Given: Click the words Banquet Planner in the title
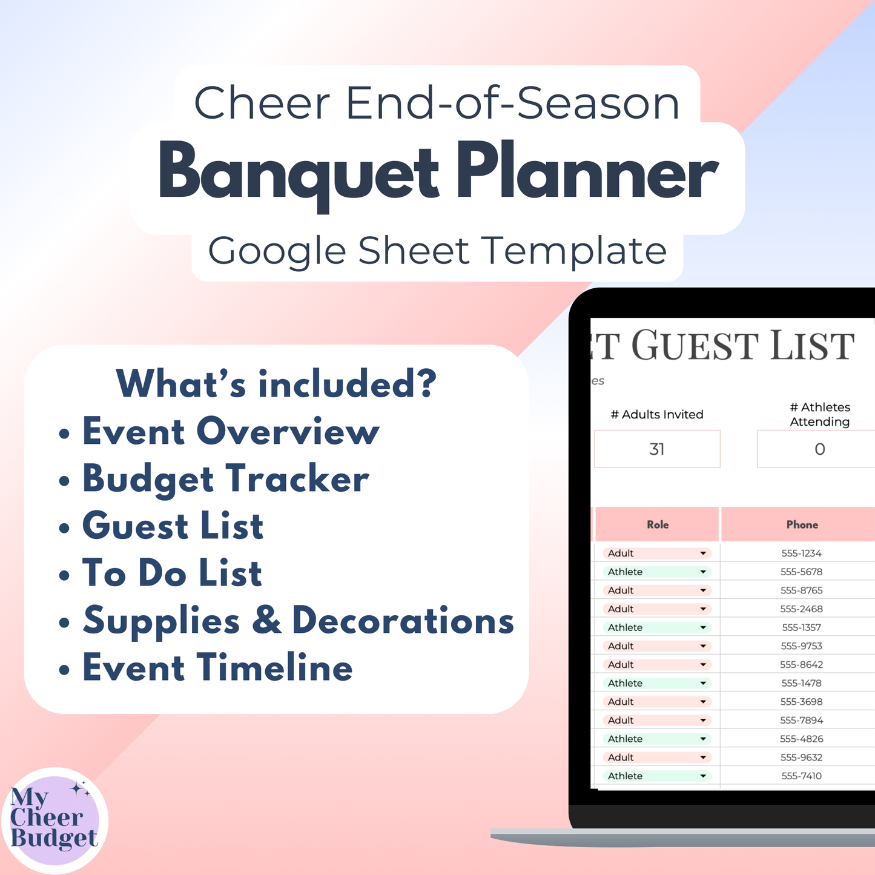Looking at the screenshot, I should point(437,173).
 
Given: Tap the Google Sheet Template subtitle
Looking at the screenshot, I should point(437,251).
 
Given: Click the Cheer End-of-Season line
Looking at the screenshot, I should point(437,103).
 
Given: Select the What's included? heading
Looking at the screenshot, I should point(276,383).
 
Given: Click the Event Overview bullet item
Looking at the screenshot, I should point(230,432).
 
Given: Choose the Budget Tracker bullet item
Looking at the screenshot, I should point(225,479).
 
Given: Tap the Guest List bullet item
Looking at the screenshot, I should point(173,526).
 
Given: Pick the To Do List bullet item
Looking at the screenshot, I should point(172,573).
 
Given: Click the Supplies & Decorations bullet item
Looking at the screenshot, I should point(298,621).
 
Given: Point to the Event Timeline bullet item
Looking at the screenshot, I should point(217,668).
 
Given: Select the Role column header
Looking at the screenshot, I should point(658,524).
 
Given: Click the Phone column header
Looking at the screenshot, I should point(802,524).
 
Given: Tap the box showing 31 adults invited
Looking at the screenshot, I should point(657,449).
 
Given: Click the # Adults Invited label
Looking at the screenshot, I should point(657,415).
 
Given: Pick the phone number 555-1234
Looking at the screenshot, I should point(801,553).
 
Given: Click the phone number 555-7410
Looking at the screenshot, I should point(801,776).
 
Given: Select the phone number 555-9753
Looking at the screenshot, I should point(801,646).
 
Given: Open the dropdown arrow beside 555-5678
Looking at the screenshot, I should point(703,572).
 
